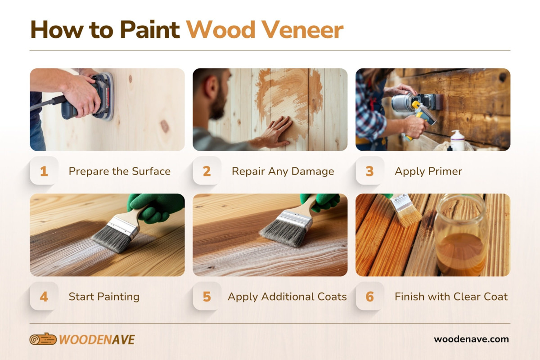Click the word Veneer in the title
303,30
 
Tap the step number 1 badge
44,171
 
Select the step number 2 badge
207,171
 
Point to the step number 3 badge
369,171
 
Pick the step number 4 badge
44,297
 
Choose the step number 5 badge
207,297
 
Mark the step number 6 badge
369,297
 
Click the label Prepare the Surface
120,171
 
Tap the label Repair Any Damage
283,171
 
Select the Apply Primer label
428,171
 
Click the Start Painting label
104,297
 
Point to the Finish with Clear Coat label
451,297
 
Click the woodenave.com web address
471,339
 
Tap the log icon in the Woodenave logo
43,339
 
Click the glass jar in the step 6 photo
460,235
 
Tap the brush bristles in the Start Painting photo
112,238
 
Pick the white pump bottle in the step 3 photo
457,140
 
